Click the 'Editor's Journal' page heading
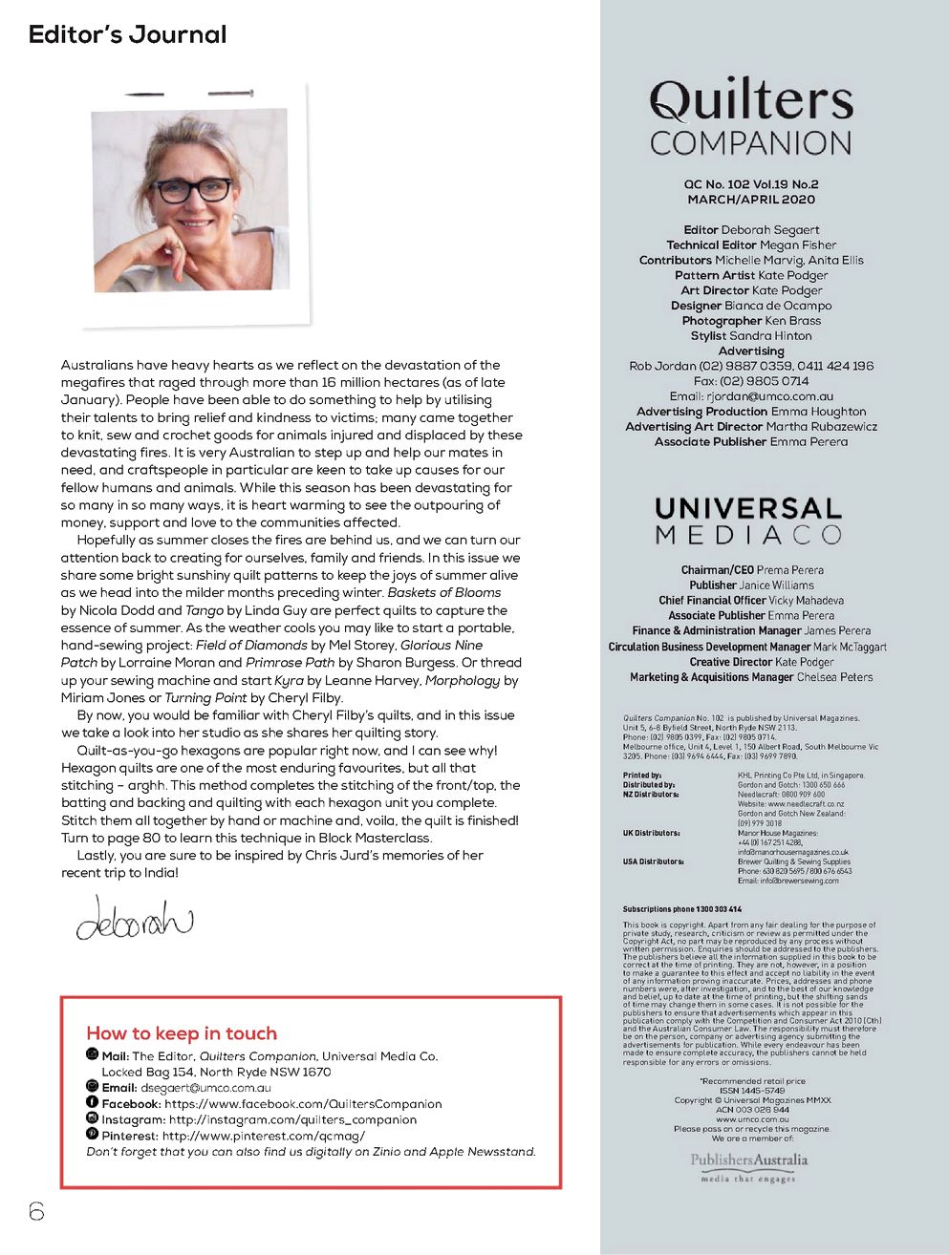(x=127, y=35)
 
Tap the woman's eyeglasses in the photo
(x=193, y=188)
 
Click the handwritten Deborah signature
(x=134, y=918)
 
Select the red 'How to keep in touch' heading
(x=182, y=1033)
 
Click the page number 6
(x=36, y=1211)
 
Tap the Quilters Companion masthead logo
(x=751, y=117)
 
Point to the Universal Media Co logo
(x=749, y=521)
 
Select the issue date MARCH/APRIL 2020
(x=751, y=200)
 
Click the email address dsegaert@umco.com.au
(x=205, y=1088)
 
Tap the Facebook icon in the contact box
(x=93, y=1102)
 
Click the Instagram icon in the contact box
(x=93, y=1118)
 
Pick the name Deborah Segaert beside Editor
(x=770, y=230)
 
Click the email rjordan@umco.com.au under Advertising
(x=769, y=396)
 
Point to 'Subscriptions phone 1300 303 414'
(x=682, y=909)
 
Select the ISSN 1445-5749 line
(x=752, y=1091)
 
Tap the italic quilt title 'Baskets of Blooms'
(x=443, y=593)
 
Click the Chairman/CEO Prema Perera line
(x=751, y=570)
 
